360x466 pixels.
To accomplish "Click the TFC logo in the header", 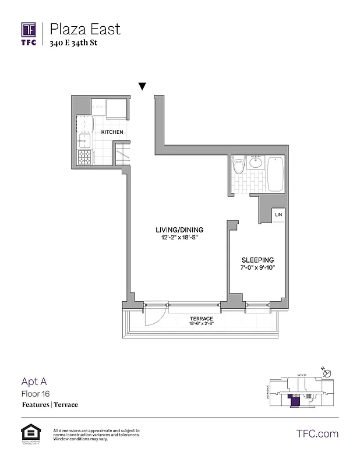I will [29, 33].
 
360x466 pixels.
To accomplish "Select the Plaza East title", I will [85, 29].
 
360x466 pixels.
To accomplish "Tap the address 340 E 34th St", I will [73, 47].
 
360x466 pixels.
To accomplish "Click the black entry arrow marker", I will [142, 87].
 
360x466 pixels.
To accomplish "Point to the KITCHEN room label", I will [112, 132].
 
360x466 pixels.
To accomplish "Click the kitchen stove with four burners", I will [84, 157].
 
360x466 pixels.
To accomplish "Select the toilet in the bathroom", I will [238, 167].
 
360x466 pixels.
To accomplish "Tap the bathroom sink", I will [255, 164].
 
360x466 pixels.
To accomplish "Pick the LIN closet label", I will [278, 215].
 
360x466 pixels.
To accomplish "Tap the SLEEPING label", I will [257, 260].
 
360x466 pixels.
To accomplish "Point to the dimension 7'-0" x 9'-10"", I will [257, 268].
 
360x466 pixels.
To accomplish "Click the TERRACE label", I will [200, 319].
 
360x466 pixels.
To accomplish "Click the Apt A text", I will [34, 382].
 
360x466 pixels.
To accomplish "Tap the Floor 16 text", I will [37, 394].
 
